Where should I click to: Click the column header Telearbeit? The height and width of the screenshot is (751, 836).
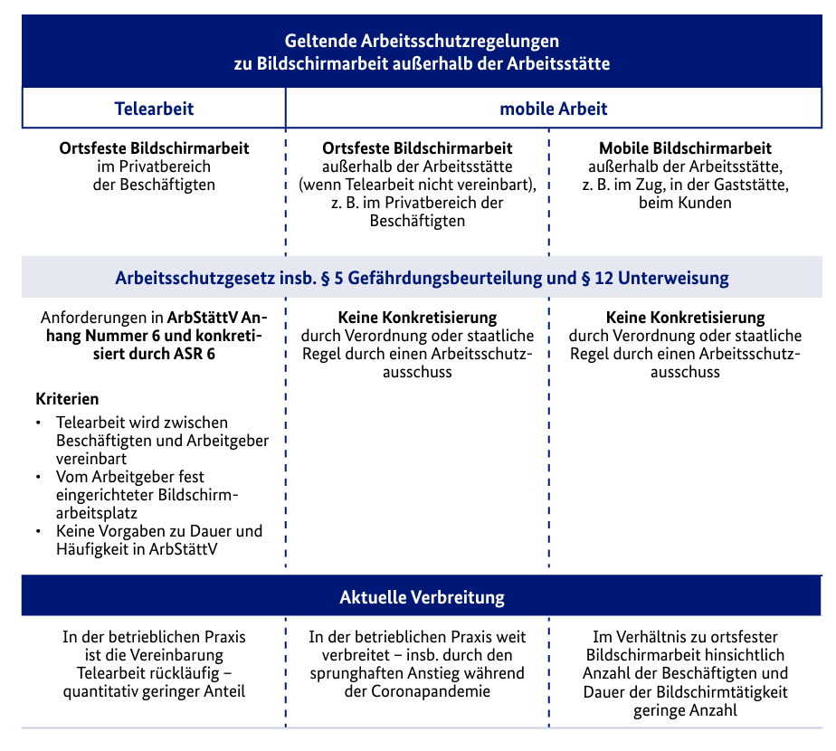pyautogui.click(x=154, y=109)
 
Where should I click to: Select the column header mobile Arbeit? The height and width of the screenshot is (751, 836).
pyautogui.click(x=554, y=109)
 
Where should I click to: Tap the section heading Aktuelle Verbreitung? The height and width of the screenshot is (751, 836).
pyautogui.click(x=422, y=597)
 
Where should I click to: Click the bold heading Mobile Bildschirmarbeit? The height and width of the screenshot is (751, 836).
pyautogui.click(x=685, y=147)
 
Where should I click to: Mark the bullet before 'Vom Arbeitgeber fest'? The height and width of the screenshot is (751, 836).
pyautogui.click(x=38, y=476)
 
